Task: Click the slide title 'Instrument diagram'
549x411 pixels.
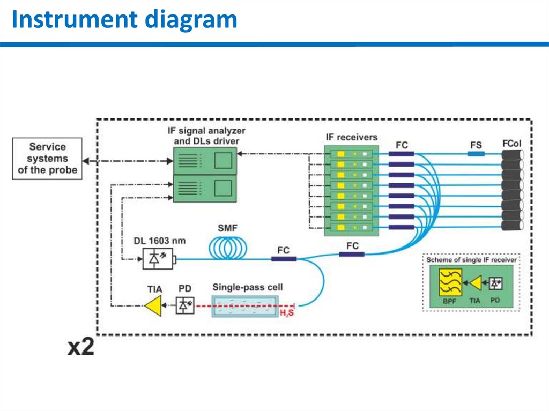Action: tap(124, 20)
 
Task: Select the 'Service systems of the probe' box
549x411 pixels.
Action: tap(47, 159)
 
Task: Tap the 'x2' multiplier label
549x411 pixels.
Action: tap(80, 347)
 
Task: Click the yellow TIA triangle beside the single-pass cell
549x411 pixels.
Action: tap(154, 307)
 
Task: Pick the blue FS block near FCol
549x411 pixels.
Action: tap(476, 154)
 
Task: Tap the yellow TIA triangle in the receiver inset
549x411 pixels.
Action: tap(474, 283)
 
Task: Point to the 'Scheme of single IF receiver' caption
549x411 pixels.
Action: tap(471, 260)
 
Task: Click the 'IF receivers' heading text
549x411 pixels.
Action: tap(351, 138)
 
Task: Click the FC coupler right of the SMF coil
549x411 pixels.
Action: tap(284, 259)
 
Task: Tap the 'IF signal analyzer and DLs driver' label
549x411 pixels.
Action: tap(206, 135)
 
